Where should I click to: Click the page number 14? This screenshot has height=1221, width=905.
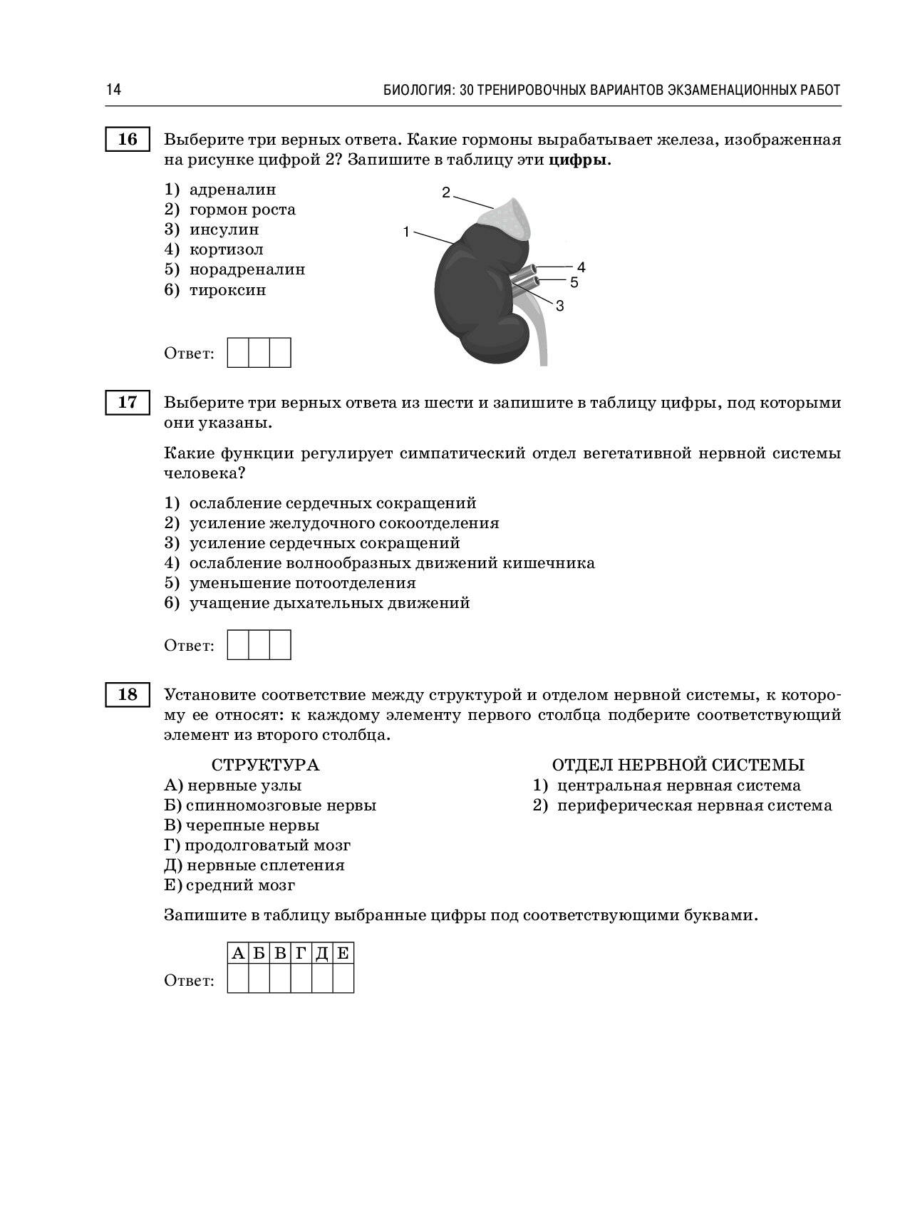[113, 90]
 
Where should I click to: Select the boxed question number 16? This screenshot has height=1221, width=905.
[128, 139]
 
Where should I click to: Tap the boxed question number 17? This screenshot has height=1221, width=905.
[128, 403]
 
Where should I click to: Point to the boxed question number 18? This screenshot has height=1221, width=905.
[128, 694]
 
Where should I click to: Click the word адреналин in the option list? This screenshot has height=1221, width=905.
[232, 190]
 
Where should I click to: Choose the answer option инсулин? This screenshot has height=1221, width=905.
[224, 230]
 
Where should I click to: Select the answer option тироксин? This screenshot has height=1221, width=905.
[227, 290]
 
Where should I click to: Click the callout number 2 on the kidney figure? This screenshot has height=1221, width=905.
[446, 192]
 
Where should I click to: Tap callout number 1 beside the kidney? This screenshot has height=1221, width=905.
[405, 231]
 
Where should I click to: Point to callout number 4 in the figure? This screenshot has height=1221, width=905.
[581, 267]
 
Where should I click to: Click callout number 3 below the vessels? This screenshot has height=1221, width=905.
[560, 306]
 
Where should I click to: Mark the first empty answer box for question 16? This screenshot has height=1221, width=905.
[238, 354]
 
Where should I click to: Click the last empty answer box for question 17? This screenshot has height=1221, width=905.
[280, 645]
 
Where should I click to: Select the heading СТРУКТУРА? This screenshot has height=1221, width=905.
[265, 766]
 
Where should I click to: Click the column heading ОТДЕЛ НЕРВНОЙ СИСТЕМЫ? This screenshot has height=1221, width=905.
[678, 766]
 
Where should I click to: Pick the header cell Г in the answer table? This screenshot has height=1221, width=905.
[301, 954]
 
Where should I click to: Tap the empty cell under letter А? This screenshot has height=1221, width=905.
[238, 979]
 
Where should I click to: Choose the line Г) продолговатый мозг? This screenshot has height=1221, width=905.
[257, 845]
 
